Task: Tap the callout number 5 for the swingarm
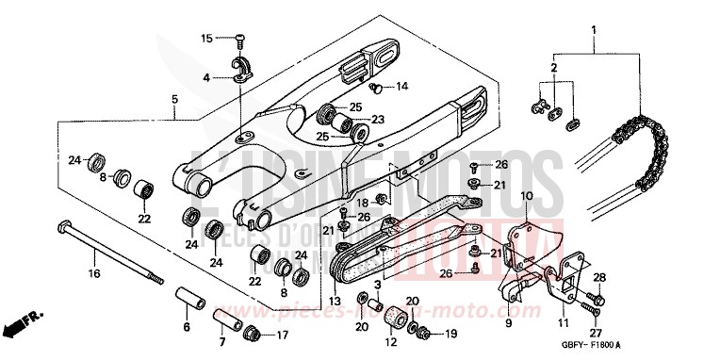coord(174,99)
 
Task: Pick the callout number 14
coord(401,87)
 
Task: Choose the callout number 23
coord(379,120)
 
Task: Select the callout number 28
coord(598,276)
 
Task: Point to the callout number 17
coord(282,335)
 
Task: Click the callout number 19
coord(450,334)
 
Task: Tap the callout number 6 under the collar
coord(186,327)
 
